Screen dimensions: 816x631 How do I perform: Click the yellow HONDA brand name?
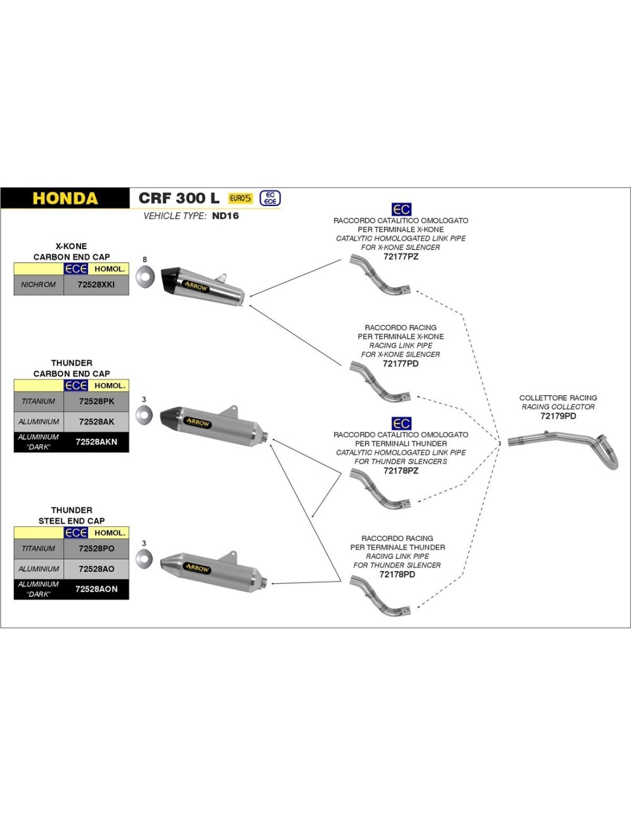tap(65, 199)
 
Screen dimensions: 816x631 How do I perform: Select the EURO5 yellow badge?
tap(240, 199)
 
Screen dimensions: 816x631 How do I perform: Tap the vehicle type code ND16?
tap(225, 216)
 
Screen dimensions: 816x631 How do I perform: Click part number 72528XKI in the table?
tap(96, 285)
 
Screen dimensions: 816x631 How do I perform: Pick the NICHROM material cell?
tap(38, 285)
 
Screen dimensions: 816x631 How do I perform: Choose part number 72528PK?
tap(96, 401)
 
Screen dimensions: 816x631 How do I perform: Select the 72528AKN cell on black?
tap(96, 442)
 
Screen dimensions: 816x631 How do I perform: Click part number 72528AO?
tap(96, 569)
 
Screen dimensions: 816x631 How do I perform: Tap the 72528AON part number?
tap(96, 589)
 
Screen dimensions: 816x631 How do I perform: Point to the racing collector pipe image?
tap(565, 447)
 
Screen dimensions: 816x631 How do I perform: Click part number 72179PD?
tap(558, 416)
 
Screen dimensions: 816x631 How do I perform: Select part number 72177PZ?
tap(400, 257)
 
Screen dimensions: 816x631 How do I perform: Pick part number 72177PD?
tap(400, 363)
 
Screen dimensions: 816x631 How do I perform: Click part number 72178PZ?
tap(400, 471)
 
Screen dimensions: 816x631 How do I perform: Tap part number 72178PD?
tap(397, 574)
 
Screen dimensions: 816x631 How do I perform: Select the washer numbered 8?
tap(145, 277)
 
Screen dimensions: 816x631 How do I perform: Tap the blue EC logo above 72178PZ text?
tap(402, 423)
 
